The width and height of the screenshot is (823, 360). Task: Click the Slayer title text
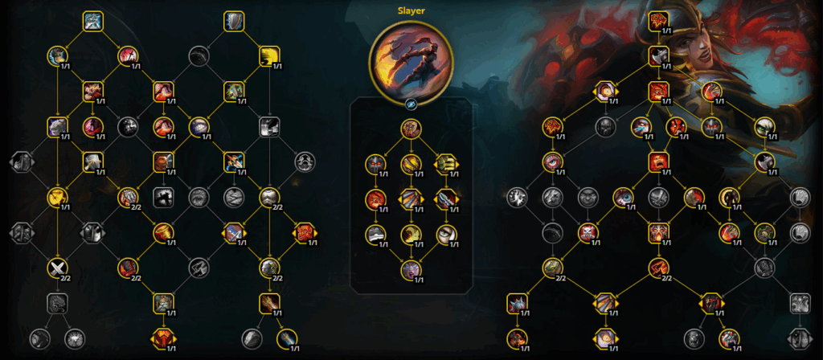(411, 10)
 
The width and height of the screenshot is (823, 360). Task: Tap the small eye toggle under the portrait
(411, 105)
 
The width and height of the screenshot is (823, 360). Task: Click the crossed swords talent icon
(58, 268)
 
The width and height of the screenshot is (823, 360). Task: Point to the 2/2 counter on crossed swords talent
(66, 278)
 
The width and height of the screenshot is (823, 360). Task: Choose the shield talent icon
(234, 21)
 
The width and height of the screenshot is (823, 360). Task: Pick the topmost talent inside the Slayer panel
(411, 129)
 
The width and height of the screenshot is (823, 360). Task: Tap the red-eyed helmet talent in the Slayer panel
(376, 165)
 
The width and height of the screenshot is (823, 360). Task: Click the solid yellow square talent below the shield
(269, 56)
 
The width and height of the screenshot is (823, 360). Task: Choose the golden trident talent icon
(446, 164)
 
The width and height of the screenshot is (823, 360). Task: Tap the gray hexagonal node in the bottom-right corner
(800, 338)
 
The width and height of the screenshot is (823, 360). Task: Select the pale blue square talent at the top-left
(93, 21)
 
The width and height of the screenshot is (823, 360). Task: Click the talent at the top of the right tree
(658, 22)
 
